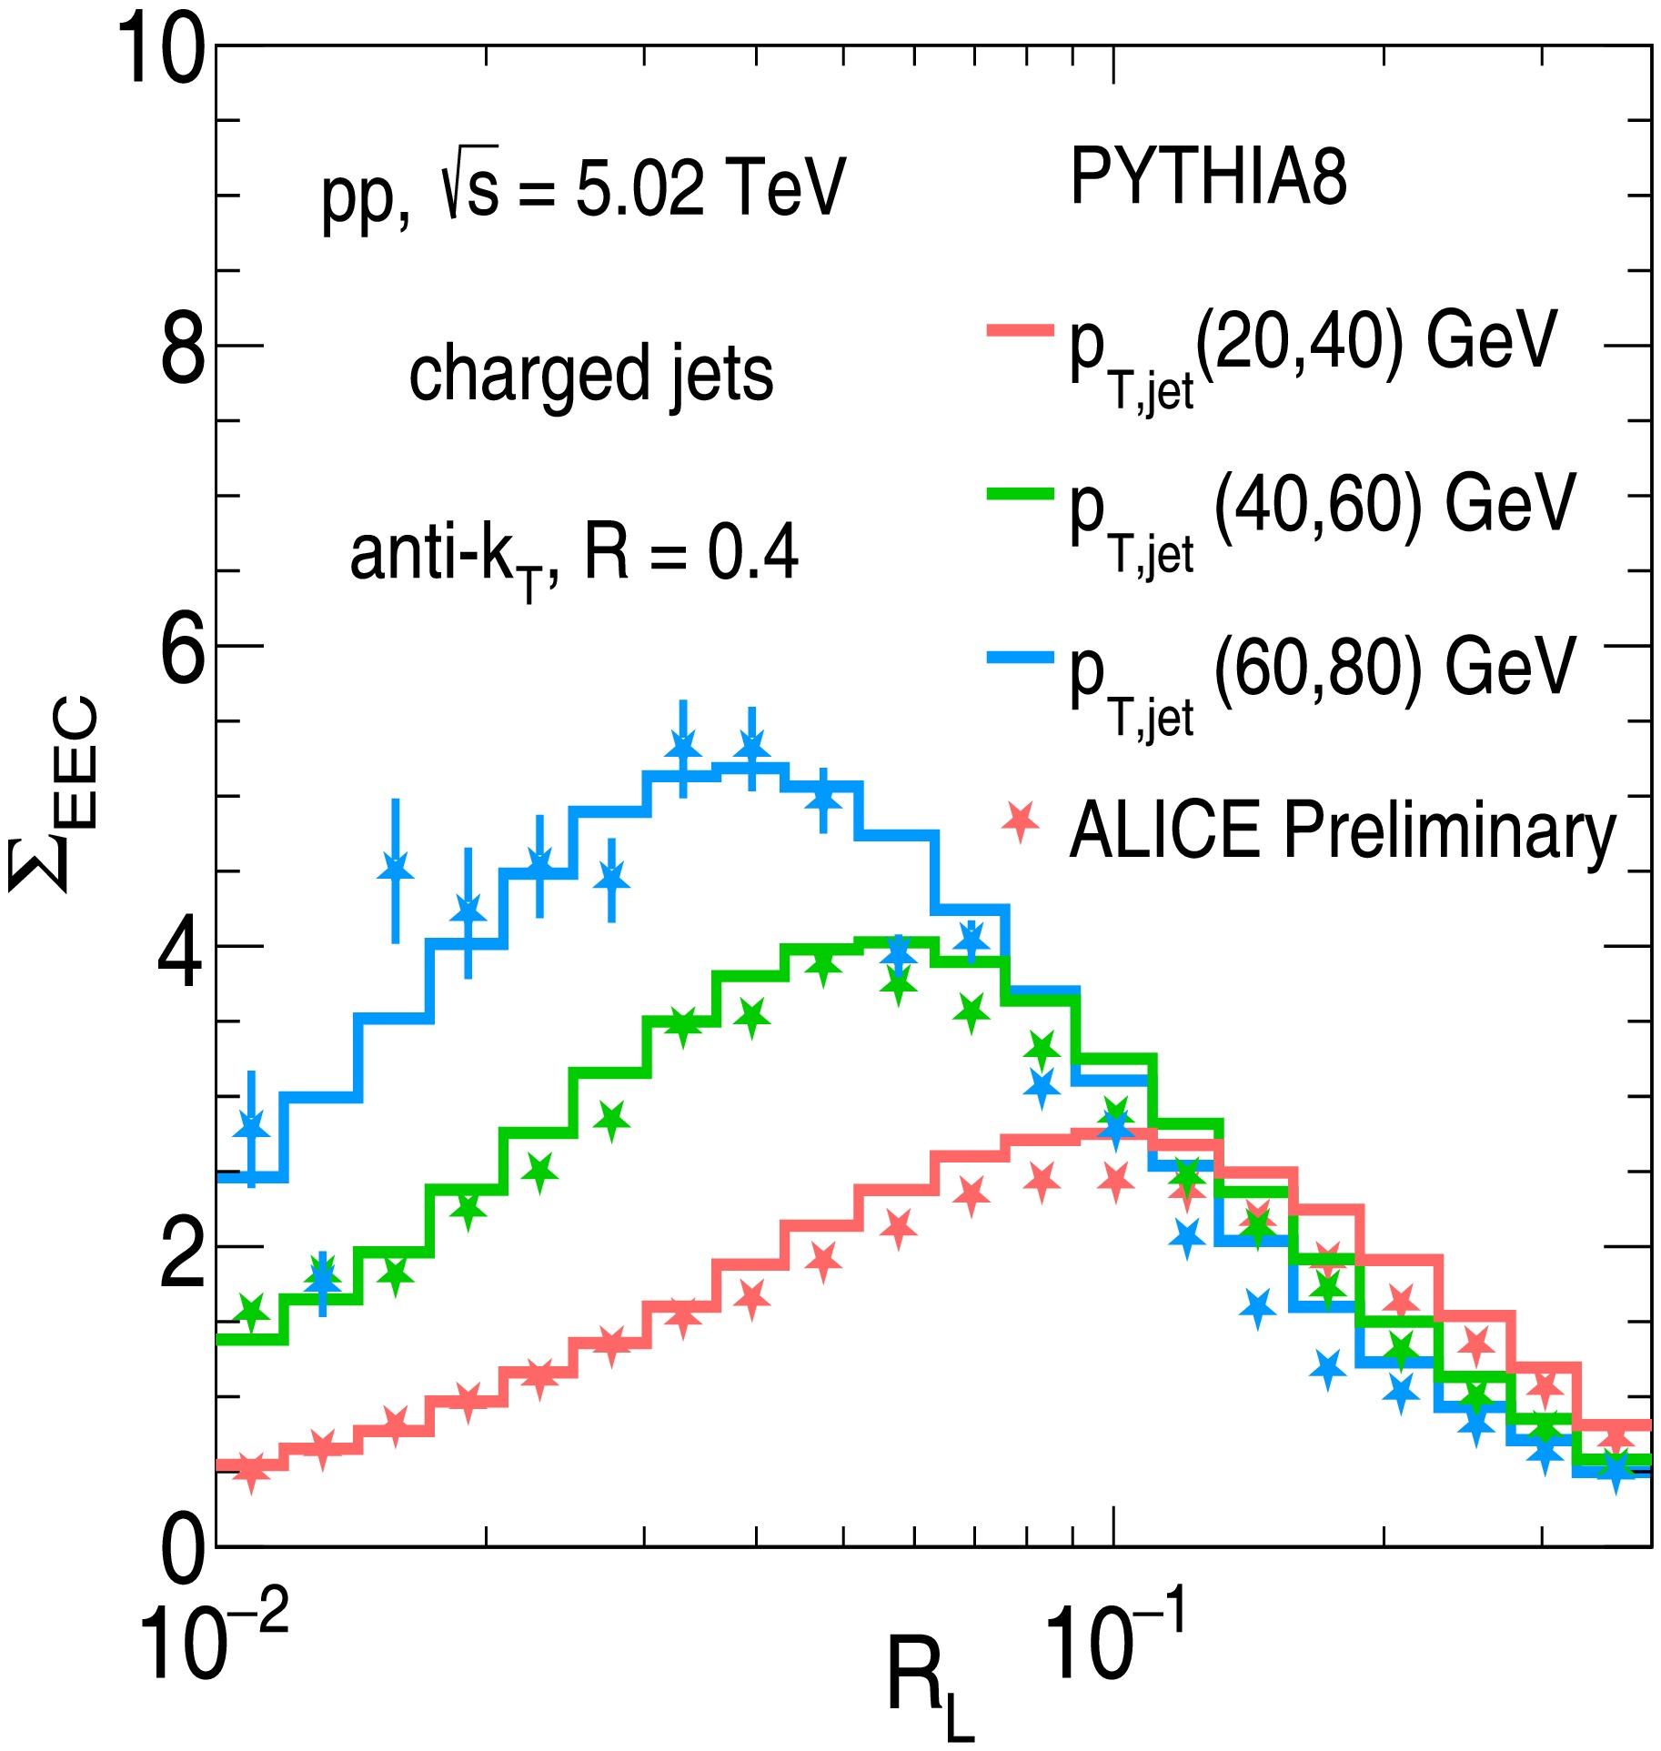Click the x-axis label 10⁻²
[213, 1641]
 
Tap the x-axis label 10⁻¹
[1115, 1641]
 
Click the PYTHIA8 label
[1208, 176]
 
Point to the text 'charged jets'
[591, 373]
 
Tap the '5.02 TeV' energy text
[710, 187]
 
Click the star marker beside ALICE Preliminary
[1021, 821]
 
